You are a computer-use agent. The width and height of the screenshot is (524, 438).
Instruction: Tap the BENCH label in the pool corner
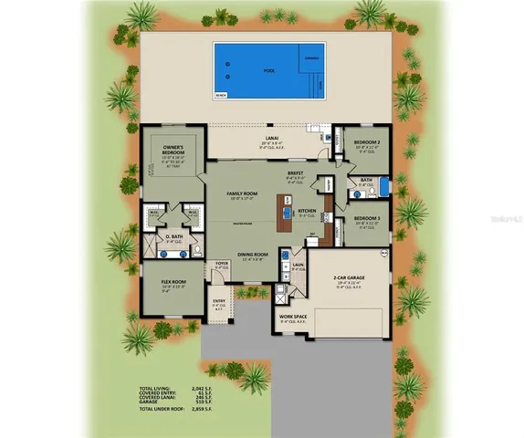[x=220, y=94]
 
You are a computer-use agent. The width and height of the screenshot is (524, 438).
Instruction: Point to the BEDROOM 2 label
[x=368, y=142]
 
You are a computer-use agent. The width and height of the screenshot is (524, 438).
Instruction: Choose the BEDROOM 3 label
[x=368, y=219]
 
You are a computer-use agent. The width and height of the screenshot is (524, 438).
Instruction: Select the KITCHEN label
[x=306, y=212]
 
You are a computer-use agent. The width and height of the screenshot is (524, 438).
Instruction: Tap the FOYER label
[x=220, y=264]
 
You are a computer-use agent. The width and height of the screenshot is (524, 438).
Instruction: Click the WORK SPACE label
[x=293, y=317]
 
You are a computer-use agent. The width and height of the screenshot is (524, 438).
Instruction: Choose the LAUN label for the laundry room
[x=298, y=265]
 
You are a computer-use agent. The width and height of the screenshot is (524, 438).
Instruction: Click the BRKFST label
[x=295, y=172]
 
